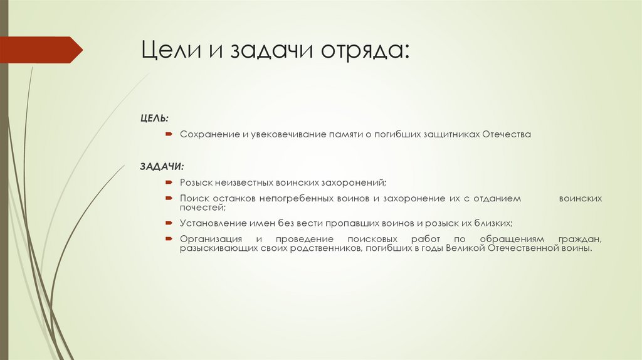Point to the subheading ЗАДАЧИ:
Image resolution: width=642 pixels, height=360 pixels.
click(161, 167)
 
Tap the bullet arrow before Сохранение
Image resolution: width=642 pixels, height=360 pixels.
click(169, 134)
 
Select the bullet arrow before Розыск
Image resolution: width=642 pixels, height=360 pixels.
click(169, 182)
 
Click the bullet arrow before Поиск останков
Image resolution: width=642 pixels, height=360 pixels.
click(169, 198)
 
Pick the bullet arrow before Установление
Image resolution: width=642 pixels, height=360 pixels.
click(169, 223)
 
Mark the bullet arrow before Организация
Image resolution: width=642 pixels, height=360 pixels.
click(169, 239)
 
